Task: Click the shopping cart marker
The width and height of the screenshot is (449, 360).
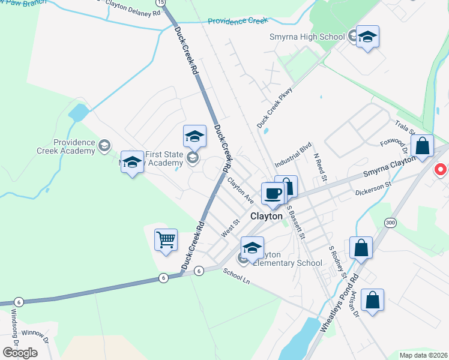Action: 166,240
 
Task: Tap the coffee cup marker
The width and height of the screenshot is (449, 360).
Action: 273,193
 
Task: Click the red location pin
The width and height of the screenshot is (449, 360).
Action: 441,170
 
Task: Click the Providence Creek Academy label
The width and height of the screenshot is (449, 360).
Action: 74,146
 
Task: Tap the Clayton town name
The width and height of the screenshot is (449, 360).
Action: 266,216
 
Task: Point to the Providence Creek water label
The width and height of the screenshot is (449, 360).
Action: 237,21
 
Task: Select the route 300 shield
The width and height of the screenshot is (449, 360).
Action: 391,223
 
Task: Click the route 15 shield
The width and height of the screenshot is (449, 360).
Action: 158,2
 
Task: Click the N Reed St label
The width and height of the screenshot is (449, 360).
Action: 320,166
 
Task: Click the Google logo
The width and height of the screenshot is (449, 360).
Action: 20,352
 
